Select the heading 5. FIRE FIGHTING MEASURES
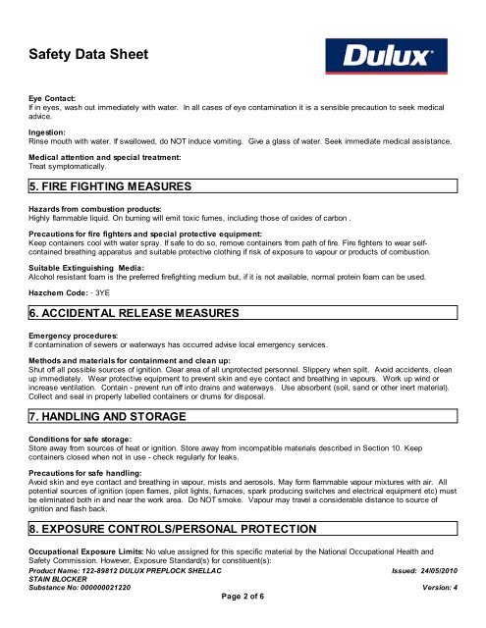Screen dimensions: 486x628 [x=109, y=184]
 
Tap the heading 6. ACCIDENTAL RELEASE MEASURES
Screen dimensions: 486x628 [x=134, y=312]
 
